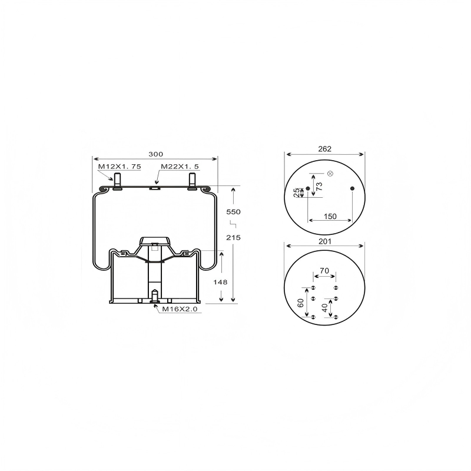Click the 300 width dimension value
(x=155, y=154)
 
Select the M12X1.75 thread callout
(x=120, y=167)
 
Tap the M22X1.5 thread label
(x=180, y=167)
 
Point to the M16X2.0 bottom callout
(x=180, y=309)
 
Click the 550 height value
(x=233, y=212)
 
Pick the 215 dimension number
(x=233, y=238)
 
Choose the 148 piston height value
(x=220, y=282)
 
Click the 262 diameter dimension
(x=325, y=149)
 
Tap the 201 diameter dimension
(x=325, y=241)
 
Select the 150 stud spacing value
(x=330, y=216)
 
